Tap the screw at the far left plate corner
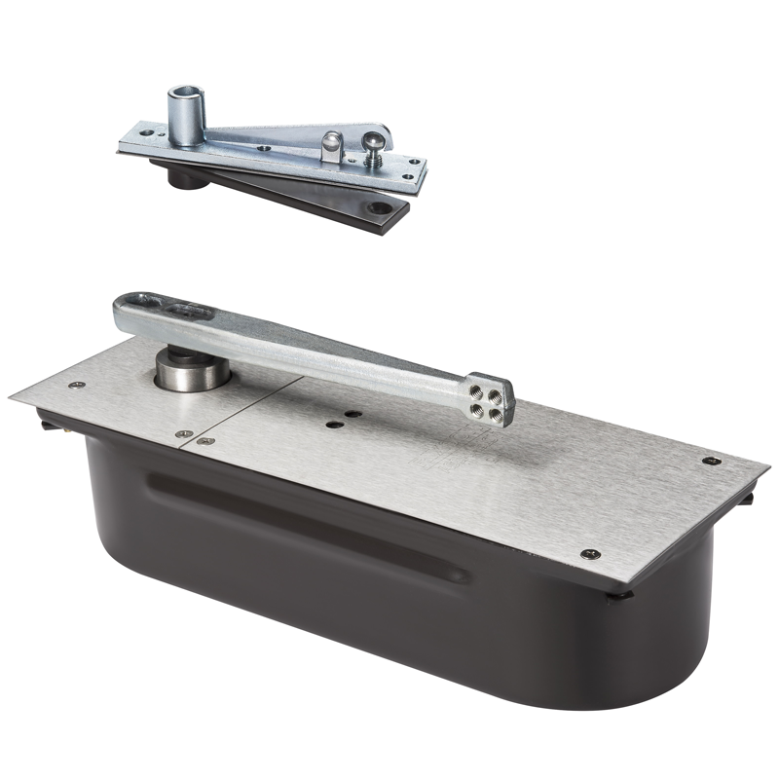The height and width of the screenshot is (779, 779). point(77,386)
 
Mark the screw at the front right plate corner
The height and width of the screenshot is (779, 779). point(587,553)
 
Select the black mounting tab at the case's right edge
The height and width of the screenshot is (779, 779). point(751,499)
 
